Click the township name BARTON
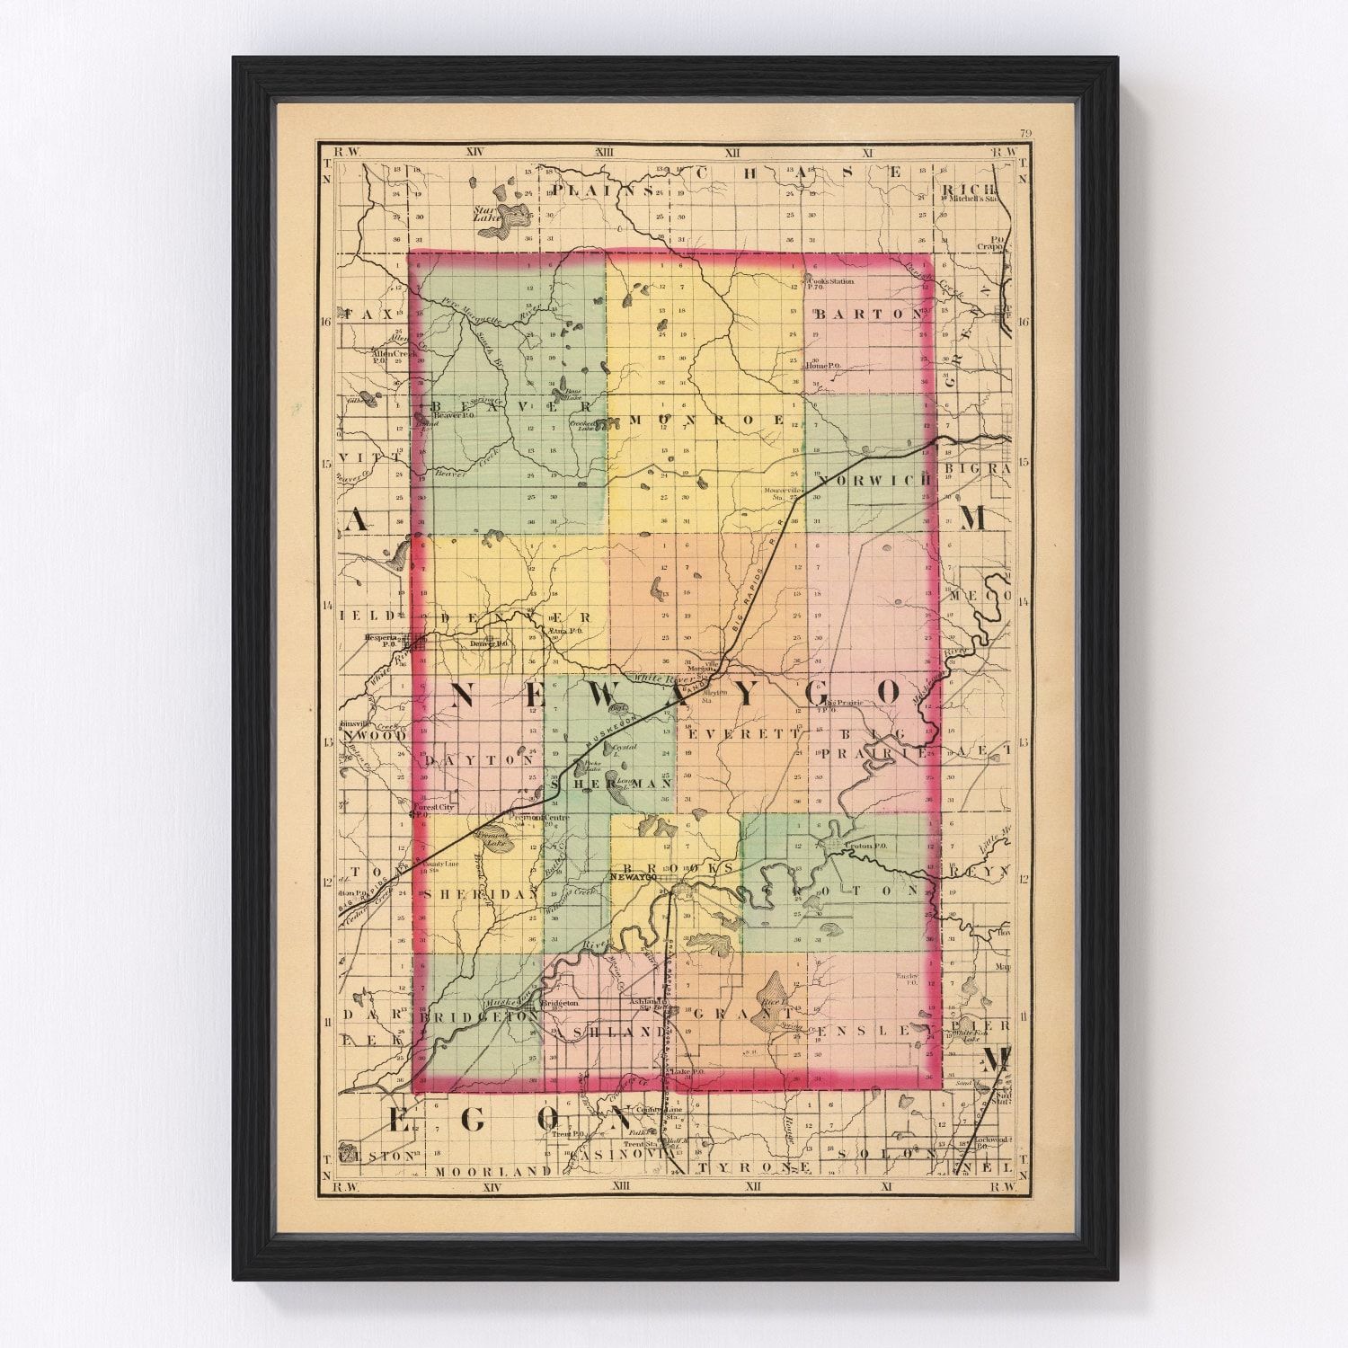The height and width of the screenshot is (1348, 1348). point(868,314)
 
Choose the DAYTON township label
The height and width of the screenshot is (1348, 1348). point(478,759)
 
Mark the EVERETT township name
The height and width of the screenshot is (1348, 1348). point(742,733)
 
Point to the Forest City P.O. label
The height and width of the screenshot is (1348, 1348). point(434,809)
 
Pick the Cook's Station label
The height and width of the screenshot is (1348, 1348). point(829,282)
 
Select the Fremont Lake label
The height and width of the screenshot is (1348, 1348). point(493,839)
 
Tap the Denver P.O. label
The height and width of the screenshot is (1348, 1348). point(491,643)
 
